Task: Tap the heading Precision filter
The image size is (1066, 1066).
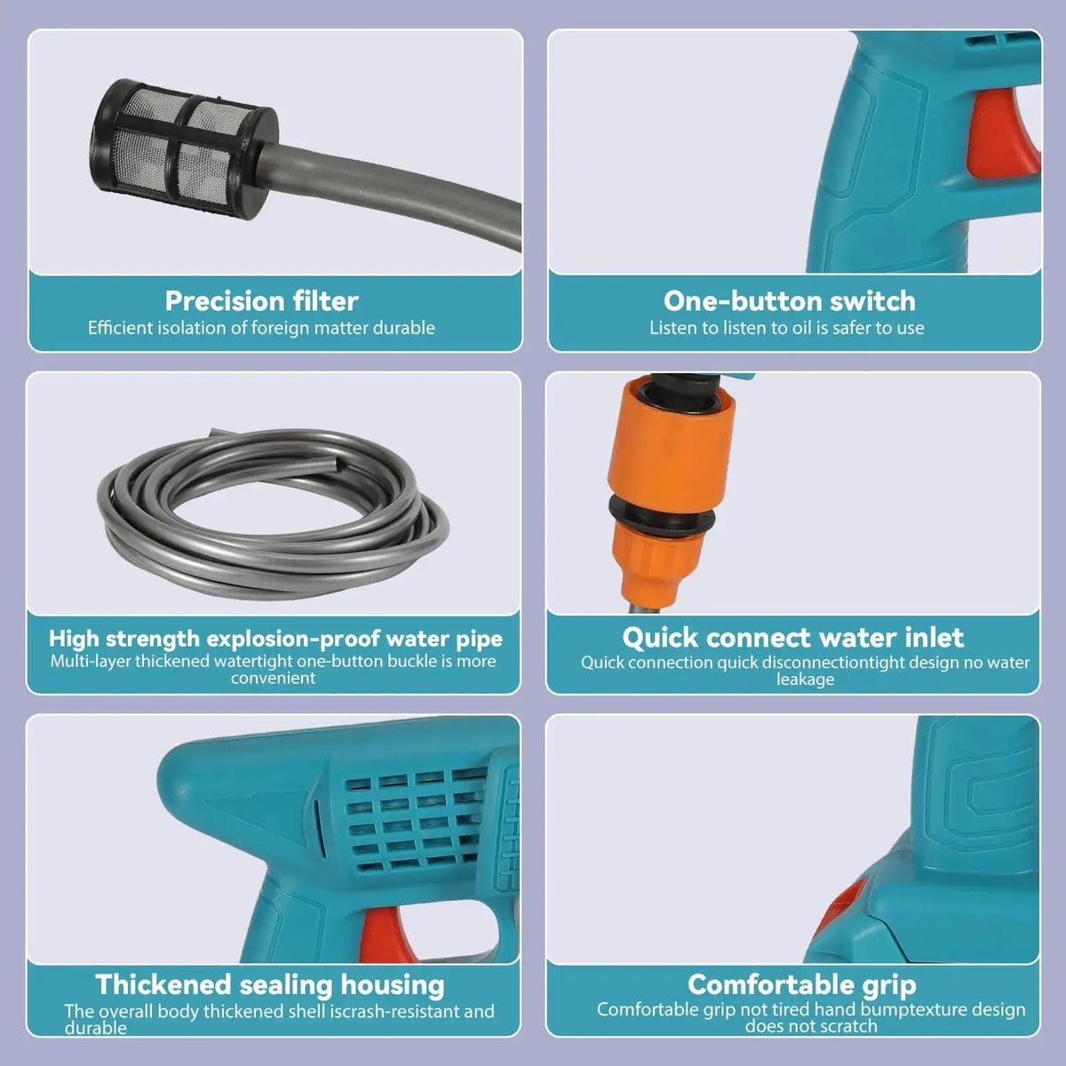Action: pyautogui.click(x=261, y=300)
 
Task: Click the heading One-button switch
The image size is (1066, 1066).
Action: pyautogui.click(x=789, y=300)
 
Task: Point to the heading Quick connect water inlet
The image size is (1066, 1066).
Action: pyautogui.click(x=792, y=637)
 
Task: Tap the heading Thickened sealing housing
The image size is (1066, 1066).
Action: pyautogui.click(x=269, y=984)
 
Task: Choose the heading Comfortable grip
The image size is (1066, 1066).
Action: pyautogui.click(x=801, y=984)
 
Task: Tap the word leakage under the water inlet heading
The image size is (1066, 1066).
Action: pyautogui.click(x=805, y=680)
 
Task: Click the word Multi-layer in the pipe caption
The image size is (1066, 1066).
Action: pyautogui.click(x=91, y=661)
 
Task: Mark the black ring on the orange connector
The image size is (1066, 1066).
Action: pyautogui.click(x=661, y=514)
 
